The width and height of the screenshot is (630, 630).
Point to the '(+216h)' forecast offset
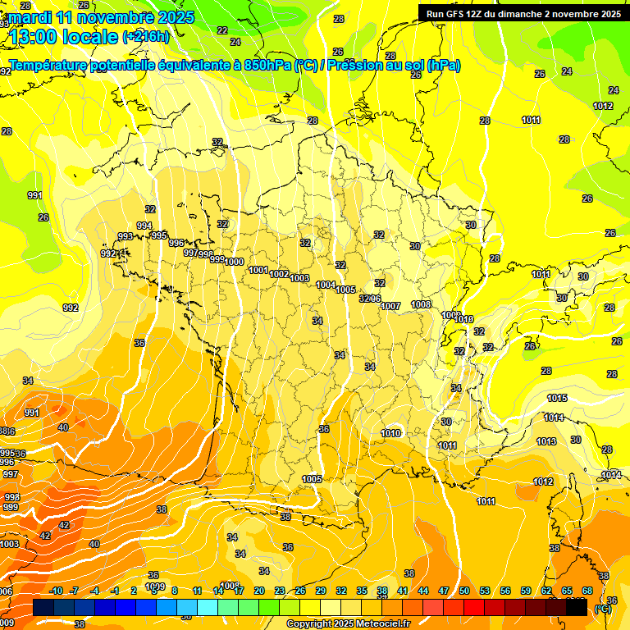click(x=146, y=36)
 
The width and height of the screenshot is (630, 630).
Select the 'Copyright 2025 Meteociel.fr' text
click(x=348, y=623)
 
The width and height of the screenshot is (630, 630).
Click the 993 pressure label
click(x=126, y=236)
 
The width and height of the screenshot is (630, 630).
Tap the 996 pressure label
click(x=176, y=243)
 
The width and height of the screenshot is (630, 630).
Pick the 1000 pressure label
click(x=234, y=262)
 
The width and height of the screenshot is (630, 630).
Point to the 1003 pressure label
click(x=299, y=279)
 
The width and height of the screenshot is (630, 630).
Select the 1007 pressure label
click(x=390, y=306)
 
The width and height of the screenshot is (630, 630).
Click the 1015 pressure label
click(x=557, y=398)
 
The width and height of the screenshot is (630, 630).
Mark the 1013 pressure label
click(x=546, y=441)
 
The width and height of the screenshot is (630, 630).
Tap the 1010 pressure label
click(x=390, y=433)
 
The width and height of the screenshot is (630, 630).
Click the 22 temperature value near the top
click(x=222, y=30)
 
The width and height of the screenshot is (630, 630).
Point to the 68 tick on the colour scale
click(x=587, y=591)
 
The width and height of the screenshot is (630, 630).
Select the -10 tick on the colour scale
click(x=56, y=591)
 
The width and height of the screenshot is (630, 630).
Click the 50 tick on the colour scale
click(x=464, y=591)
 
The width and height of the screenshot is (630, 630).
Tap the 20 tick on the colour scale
click(x=259, y=591)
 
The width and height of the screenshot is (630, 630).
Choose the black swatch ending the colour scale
click(x=577, y=608)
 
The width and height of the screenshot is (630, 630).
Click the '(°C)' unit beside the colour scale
click(x=603, y=608)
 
